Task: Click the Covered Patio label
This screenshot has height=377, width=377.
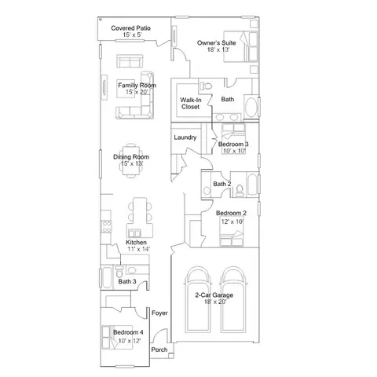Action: coord(130,28)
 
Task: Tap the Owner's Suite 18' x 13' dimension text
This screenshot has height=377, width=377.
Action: coord(218,49)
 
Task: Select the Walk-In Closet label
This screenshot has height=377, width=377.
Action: coord(191,104)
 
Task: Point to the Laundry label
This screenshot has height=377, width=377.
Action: coord(185,137)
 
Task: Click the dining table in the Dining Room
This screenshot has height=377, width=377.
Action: coord(131,160)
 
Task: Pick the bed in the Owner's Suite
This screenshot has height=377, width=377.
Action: coord(240,46)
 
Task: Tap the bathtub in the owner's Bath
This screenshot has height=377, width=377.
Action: coord(252,108)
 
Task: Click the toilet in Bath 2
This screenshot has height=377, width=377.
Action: coord(240,191)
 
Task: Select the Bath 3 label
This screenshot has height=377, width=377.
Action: coord(127,281)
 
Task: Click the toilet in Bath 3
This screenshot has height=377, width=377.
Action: coord(119,272)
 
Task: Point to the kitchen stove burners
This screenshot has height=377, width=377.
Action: coord(106,227)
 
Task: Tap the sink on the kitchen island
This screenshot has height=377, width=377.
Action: coord(134,233)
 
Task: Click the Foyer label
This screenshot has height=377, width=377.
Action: coord(159,313)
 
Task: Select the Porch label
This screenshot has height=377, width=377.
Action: coord(159,350)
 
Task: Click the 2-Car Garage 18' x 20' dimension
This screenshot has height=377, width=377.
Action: coord(215,302)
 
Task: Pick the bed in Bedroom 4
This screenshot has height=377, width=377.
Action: coord(117,337)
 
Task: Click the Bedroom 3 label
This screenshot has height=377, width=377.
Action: coord(233,145)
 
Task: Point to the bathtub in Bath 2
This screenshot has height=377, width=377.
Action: coord(253,185)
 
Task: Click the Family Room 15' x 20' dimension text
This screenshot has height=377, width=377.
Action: coord(137,92)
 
